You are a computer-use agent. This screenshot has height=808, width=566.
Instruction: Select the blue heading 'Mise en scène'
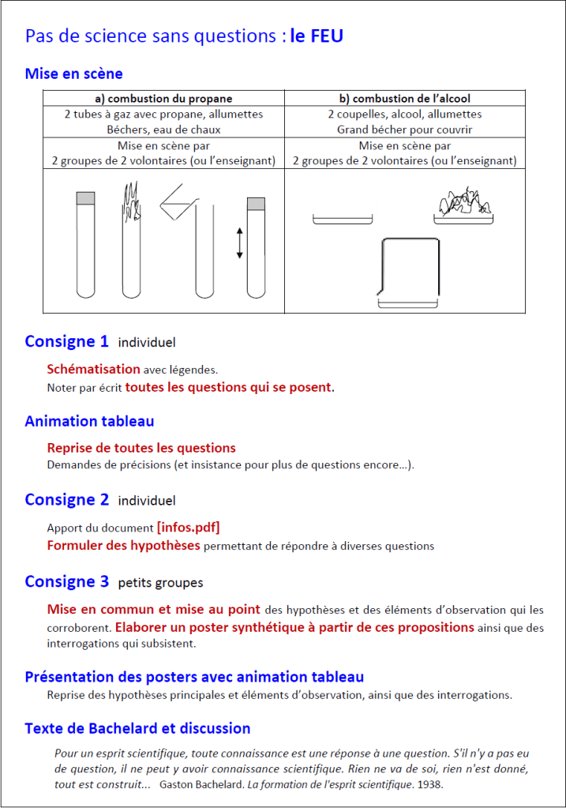click(x=73, y=74)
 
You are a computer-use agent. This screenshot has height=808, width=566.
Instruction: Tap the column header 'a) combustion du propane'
click(x=163, y=99)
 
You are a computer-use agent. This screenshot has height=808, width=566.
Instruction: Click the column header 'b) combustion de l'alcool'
click(x=404, y=99)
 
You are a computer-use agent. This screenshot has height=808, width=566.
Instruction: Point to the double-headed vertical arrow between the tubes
click(x=239, y=242)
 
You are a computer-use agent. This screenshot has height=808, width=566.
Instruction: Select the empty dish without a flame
click(x=342, y=220)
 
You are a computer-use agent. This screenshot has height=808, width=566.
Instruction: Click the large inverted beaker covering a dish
click(x=410, y=270)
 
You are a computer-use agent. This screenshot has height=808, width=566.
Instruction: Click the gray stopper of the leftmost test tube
click(x=85, y=198)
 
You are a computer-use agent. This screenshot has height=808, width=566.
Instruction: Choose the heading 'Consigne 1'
click(x=66, y=342)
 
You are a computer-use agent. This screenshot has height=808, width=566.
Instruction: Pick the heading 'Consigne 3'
click(x=66, y=582)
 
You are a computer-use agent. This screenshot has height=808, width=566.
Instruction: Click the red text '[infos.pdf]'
click(x=188, y=527)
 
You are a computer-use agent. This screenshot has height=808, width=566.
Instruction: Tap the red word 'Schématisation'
click(x=93, y=369)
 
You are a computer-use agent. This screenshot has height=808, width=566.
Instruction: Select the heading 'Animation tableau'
click(x=89, y=421)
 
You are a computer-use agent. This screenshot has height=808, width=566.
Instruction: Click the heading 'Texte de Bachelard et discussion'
click(x=137, y=728)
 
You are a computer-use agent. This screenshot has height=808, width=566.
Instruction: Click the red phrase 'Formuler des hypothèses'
click(x=124, y=545)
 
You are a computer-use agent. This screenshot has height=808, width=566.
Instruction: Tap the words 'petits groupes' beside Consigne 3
click(x=160, y=583)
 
